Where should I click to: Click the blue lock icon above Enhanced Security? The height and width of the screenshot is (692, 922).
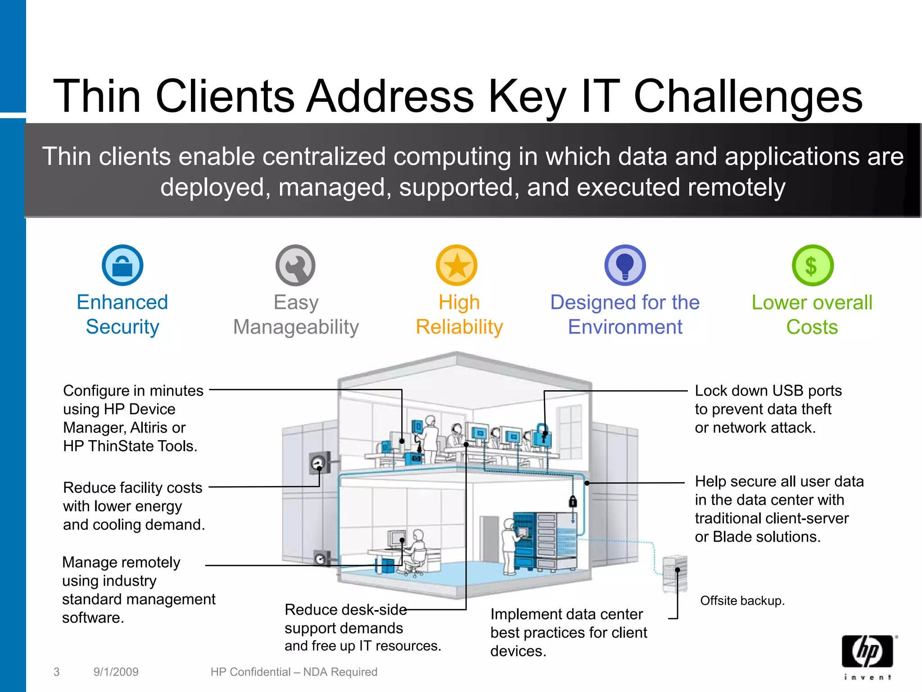(x=122, y=265)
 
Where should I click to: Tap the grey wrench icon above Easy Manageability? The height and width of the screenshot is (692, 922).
(x=295, y=265)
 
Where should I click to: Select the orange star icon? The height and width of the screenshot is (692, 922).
(x=456, y=265)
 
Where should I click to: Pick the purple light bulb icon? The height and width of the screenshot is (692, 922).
(x=625, y=265)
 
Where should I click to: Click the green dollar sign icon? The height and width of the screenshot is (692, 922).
(x=813, y=265)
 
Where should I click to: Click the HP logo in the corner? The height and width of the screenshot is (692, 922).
(x=868, y=652)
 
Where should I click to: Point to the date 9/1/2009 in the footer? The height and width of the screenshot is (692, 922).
(x=116, y=672)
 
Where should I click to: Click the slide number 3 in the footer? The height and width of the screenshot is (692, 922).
(x=56, y=672)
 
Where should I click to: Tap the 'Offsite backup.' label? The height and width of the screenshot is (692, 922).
(x=742, y=601)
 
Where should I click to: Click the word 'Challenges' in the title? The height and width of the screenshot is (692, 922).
(x=748, y=96)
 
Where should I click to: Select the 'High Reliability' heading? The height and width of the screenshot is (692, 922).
(x=459, y=314)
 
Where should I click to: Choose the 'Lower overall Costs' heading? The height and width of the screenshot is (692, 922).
(x=812, y=314)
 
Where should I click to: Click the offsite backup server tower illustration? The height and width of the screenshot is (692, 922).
(x=675, y=574)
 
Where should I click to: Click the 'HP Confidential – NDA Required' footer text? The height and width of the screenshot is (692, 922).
(x=294, y=672)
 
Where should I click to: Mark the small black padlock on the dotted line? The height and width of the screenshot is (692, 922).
(x=573, y=501)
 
